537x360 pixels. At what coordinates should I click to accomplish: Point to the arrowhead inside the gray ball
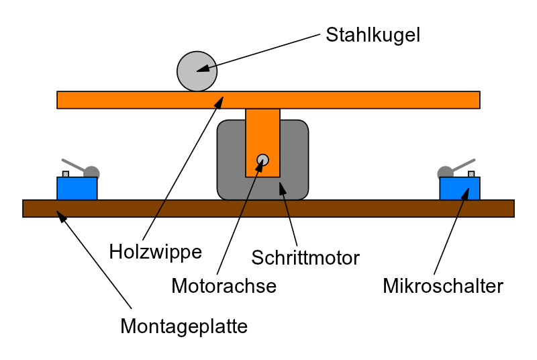pyautogui.click(x=202, y=69)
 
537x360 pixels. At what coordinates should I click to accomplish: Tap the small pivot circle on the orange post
pyautogui.click(x=262, y=160)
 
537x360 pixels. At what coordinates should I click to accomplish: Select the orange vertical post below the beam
pyautogui.click(x=262, y=134)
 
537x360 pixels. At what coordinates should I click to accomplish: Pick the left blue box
pyautogui.click(x=77, y=189)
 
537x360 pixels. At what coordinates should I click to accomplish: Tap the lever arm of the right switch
pyautogui.click(x=464, y=165)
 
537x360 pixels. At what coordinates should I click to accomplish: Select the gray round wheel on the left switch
pyautogui.click(x=92, y=173)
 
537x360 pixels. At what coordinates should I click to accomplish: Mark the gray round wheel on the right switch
pyautogui.click(x=445, y=173)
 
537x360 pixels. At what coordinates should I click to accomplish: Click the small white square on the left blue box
pyautogui.click(x=66, y=174)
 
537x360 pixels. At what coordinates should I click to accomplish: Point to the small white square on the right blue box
pyautogui.click(x=471, y=174)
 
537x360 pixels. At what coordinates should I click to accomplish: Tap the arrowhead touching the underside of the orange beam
pyautogui.click(x=219, y=102)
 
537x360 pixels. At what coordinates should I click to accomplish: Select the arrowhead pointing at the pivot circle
pyautogui.click(x=259, y=166)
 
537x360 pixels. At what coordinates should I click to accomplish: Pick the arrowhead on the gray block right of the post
pyautogui.click(x=283, y=188)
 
